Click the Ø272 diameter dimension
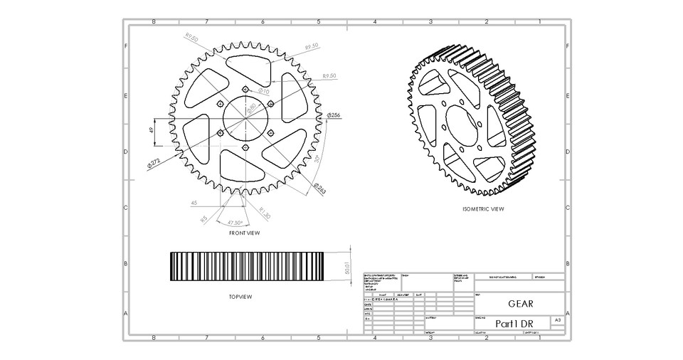(154, 163)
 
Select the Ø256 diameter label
(334, 115)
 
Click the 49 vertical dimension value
(152, 130)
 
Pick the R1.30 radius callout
(264, 213)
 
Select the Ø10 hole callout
(263, 91)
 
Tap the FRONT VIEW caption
(244, 233)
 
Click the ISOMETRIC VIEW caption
(483, 209)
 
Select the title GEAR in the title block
(520, 304)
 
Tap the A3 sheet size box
(557, 321)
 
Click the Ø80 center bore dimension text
(251, 109)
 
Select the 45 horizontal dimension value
(194, 203)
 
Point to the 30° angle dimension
(315, 158)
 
